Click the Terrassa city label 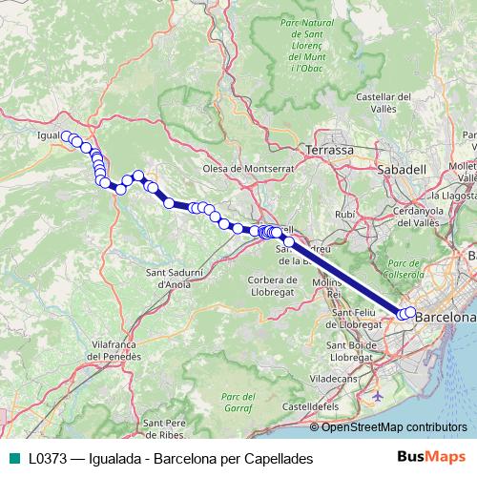click(x=329, y=151)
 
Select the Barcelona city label click(x=446, y=316)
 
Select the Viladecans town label click(x=347, y=378)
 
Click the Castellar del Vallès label click(x=383, y=102)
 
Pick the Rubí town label click(x=344, y=215)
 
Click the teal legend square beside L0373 click(x=12, y=459)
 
